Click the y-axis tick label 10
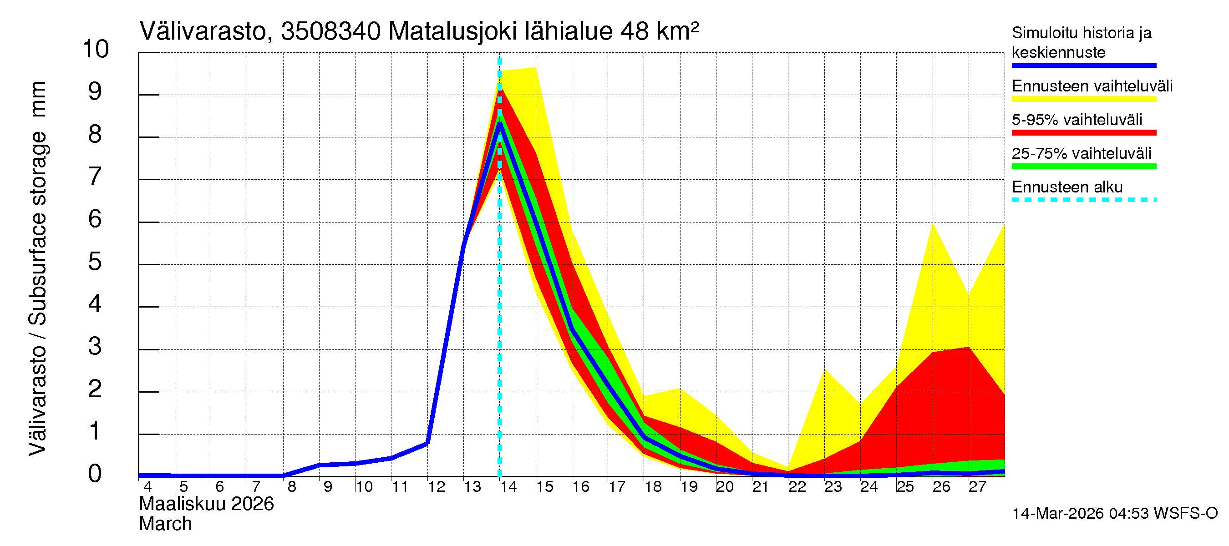tap(96, 49)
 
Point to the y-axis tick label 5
tap(95, 262)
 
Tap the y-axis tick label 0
tap(95, 474)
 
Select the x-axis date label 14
tap(508, 487)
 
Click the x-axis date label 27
tap(977, 487)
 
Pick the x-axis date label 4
tap(147, 487)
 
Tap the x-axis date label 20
tap(724, 487)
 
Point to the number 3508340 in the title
tap(330, 32)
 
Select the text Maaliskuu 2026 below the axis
tap(206, 504)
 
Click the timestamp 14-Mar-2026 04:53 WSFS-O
tap(1114, 514)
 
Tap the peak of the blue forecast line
tap(499, 123)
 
